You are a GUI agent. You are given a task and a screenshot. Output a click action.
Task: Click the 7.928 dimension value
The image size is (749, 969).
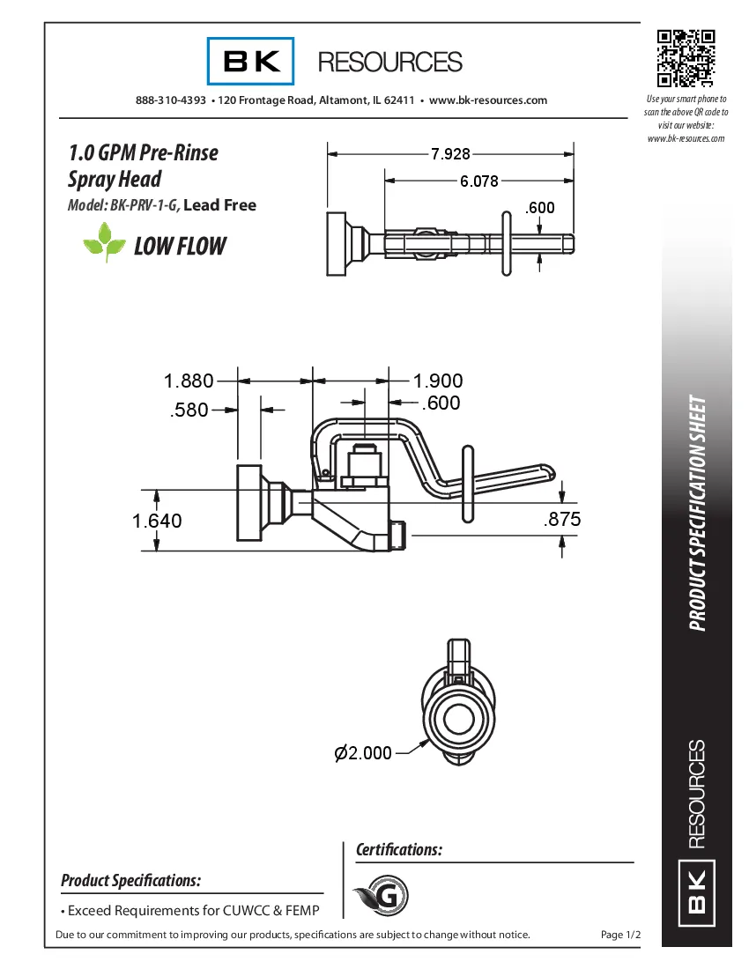(450, 154)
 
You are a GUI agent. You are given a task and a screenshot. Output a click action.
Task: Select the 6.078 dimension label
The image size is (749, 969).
(478, 181)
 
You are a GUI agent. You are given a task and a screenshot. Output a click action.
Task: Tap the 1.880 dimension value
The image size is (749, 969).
(189, 381)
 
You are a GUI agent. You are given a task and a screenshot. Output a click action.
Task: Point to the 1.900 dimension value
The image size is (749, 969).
(438, 381)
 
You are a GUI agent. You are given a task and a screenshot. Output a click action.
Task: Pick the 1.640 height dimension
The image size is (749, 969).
(157, 521)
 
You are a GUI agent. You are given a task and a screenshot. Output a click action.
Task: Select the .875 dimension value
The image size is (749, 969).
(562, 520)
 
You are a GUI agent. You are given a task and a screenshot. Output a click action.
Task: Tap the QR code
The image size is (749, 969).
(686, 58)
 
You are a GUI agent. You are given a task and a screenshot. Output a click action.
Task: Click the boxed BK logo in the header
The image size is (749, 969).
(251, 61)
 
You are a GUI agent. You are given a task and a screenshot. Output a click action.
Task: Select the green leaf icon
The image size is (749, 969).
(105, 243)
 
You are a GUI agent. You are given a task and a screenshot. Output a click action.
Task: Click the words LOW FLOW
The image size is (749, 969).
(180, 247)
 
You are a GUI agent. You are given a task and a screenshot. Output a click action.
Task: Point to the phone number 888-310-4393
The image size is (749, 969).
(171, 100)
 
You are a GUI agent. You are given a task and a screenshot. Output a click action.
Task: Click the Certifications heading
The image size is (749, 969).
(398, 850)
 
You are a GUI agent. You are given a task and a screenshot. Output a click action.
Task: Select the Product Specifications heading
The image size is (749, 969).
(130, 880)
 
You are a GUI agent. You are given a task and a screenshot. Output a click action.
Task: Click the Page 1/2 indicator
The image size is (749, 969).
(619, 934)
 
